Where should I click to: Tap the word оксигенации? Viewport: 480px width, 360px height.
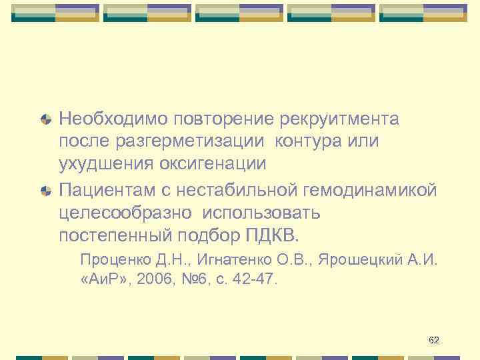pos(211,164)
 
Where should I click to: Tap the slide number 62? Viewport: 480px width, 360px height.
pos(434,341)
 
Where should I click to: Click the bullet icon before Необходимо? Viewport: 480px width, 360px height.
pos(46,120)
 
